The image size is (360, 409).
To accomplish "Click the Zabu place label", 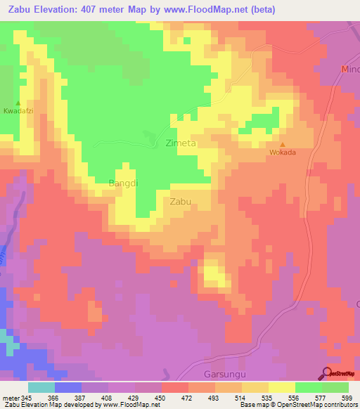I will coord(181,201).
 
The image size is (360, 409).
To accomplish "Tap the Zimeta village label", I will coord(180,143).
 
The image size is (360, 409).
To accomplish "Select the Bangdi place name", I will coord(122,183).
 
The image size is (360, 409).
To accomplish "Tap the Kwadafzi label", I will coord(18,112).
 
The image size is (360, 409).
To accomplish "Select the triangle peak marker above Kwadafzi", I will coord(18,103).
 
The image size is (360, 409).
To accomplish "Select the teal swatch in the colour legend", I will coord(41,387).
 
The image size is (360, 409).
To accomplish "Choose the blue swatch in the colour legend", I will coord(68,387).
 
